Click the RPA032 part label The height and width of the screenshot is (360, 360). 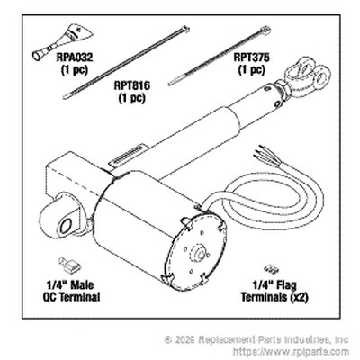(x=75, y=58)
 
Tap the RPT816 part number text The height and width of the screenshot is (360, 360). (x=132, y=85)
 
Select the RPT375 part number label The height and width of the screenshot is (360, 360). (x=252, y=58)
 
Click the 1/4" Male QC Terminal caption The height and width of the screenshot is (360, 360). (x=71, y=291)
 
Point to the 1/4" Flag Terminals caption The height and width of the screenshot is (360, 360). (x=274, y=291)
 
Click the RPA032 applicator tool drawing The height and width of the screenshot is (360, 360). (x=62, y=42)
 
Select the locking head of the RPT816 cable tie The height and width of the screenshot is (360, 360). (x=184, y=30)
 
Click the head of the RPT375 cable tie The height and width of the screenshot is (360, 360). (x=265, y=30)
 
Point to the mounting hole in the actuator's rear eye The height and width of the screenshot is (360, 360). (x=66, y=226)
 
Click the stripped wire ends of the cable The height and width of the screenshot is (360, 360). (x=262, y=153)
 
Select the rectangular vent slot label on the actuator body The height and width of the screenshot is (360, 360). (x=130, y=155)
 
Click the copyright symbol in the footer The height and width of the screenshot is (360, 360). (x=168, y=340)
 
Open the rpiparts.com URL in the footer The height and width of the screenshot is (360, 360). (x=291, y=352)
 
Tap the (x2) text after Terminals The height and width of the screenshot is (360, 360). (x=299, y=297)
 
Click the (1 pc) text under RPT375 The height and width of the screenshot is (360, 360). (x=252, y=70)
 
